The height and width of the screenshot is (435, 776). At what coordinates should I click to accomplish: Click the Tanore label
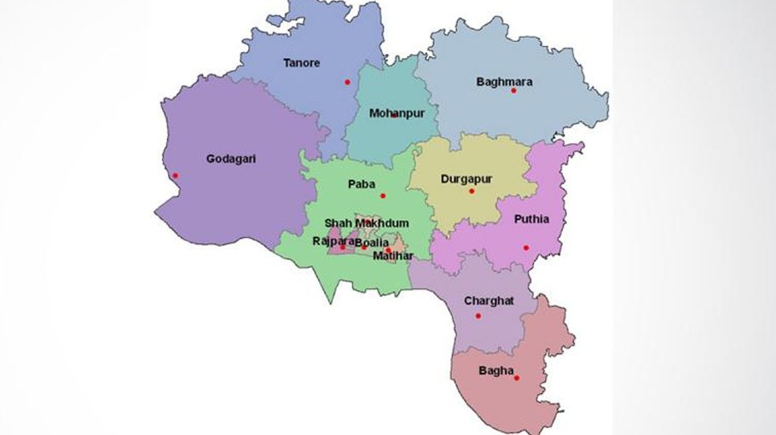point(302,62)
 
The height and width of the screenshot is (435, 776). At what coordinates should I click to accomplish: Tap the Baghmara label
point(504,82)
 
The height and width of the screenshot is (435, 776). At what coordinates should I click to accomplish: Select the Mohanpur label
point(397,113)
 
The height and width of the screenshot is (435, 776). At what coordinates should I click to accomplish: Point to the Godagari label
point(231,158)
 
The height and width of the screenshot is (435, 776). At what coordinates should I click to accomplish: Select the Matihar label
point(392,255)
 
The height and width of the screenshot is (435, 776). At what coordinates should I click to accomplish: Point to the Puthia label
point(531,219)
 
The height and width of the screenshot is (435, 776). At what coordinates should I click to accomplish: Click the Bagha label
point(496,370)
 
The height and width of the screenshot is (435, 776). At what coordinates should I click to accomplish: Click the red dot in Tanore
point(347,82)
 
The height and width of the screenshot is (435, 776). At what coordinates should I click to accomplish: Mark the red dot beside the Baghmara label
point(513,90)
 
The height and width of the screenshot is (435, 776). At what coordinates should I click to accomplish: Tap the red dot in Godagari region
point(175,176)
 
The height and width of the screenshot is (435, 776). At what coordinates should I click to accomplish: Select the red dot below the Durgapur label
point(471,191)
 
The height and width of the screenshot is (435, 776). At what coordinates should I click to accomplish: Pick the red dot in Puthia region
point(526,248)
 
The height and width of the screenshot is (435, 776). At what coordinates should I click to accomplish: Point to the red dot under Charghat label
point(478,316)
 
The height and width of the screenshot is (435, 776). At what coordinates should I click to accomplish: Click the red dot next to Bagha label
point(517,378)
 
